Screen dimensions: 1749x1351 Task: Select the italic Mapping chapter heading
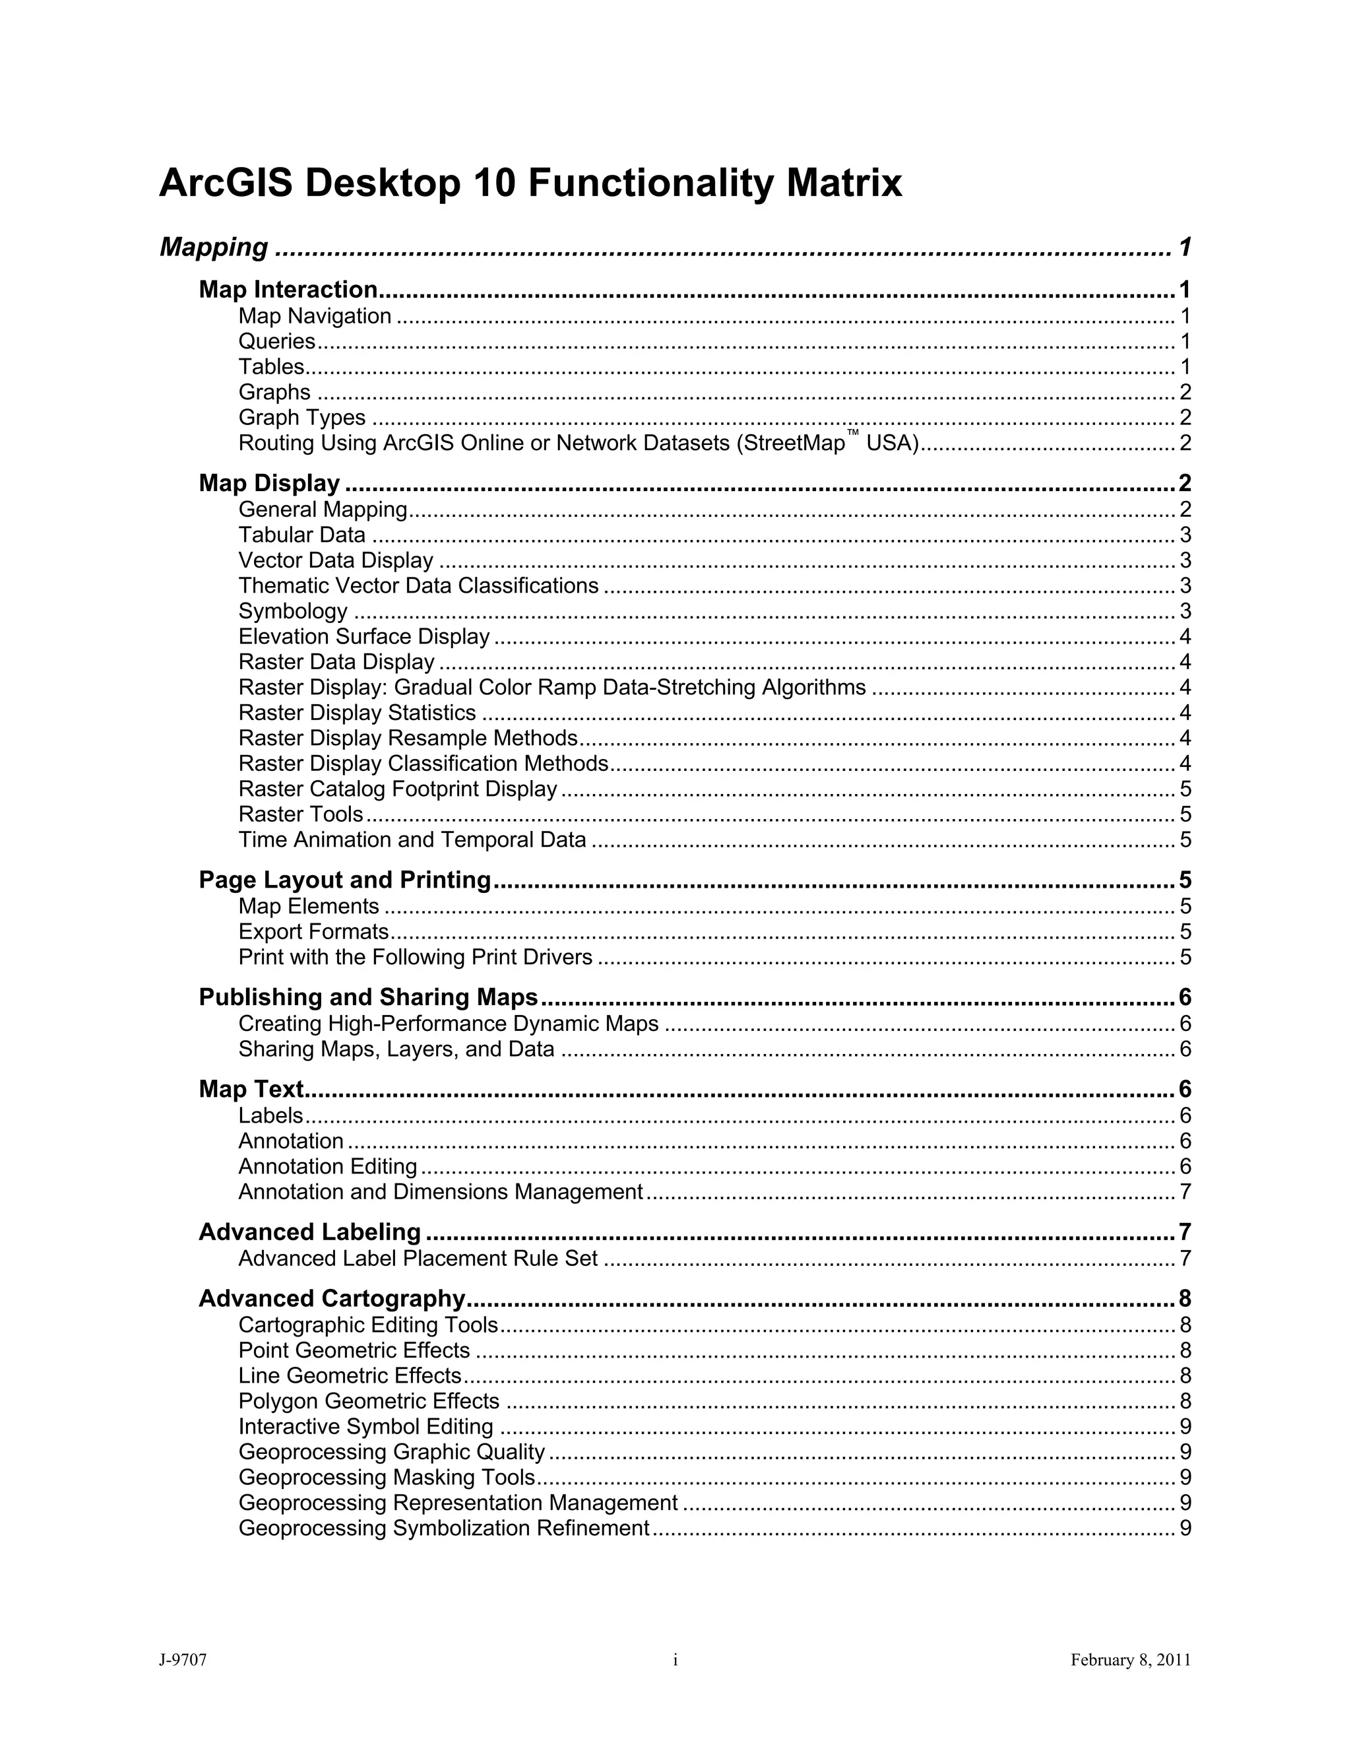click(214, 247)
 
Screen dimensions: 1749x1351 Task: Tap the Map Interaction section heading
click(288, 289)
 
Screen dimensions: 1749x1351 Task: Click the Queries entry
click(277, 341)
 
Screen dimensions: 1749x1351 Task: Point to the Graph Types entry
click(301, 417)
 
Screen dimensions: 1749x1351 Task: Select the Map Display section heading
click(269, 483)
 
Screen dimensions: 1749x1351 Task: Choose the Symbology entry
click(293, 611)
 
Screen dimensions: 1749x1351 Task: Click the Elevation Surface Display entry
click(363, 637)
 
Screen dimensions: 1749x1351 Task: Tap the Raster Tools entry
click(300, 814)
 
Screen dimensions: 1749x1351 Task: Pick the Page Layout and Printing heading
click(344, 880)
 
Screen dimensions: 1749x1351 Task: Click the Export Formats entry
click(313, 931)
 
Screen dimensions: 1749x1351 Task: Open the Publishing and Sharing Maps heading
click(368, 997)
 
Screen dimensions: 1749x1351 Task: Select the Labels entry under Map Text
click(270, 1115)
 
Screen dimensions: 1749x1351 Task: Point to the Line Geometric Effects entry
click(350, 1376)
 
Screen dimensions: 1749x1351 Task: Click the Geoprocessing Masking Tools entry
click(387, 1478)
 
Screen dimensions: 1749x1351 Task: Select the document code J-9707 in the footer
click(183, 1660)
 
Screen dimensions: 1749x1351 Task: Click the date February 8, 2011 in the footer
click(1130, 1660)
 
